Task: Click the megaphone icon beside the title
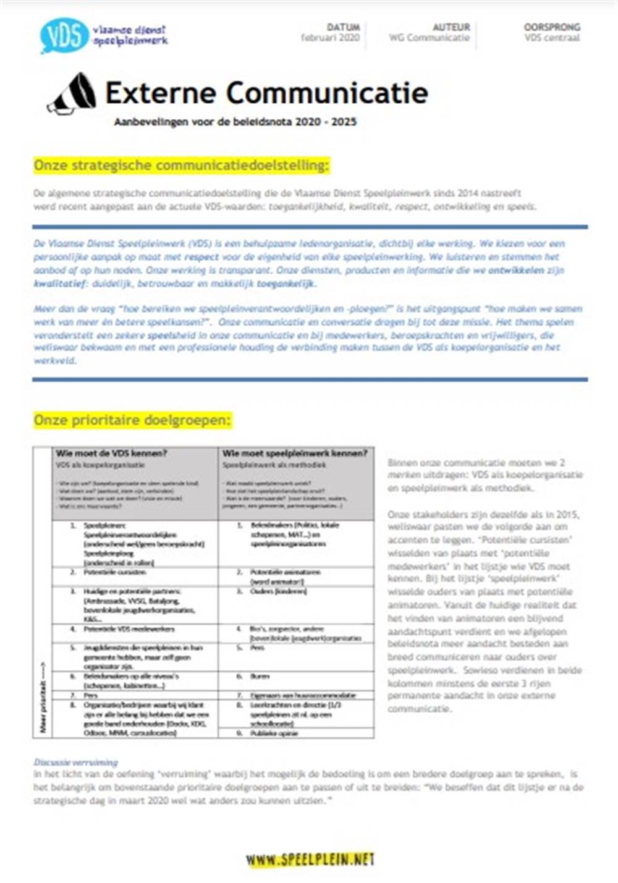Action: [x=73, y=94]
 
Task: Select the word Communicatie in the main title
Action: [x=327, y=93]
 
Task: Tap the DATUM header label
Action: [x=343, y=27]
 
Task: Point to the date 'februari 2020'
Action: [x=330, y=38]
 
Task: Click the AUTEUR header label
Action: [x=451, y=27]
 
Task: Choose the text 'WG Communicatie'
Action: [x=430, y=38]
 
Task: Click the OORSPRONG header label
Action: [x=552, y=27]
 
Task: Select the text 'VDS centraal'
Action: [x=552, y=38]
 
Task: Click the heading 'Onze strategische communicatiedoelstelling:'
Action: [x=182, y=166]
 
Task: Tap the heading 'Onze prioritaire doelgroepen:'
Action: [x=132, y=420]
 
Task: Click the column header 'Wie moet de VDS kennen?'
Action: [x=111, y=454]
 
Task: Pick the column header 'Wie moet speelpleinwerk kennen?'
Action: [x=295, y=454]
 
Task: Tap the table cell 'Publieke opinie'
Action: [x=274, y=733]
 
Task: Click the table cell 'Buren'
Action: [x=260, y=677]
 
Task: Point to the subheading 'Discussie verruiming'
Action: [x=75, y=762]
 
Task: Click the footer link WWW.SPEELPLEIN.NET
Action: [x=310, y=859]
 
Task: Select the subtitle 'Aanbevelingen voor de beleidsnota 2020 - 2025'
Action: [x=235, y=122]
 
